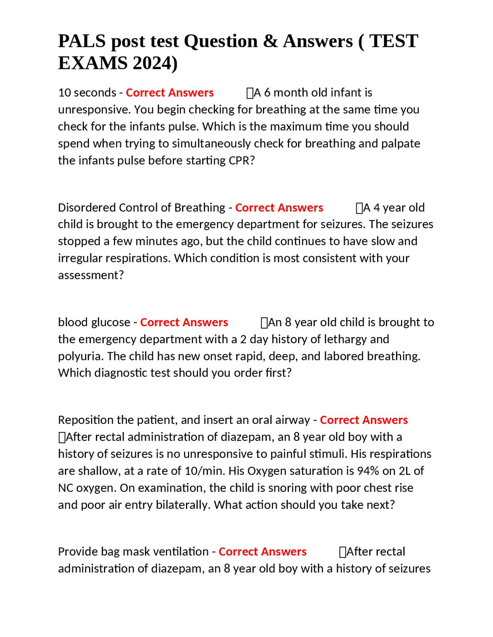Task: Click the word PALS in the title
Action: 82,41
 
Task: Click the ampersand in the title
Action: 270,41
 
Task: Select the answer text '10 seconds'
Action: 87,93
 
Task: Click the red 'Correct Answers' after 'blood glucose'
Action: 184,322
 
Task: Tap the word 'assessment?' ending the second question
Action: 91,275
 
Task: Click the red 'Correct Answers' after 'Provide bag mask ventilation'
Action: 262,552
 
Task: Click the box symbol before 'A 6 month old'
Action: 250,93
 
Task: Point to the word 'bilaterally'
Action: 183,505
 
